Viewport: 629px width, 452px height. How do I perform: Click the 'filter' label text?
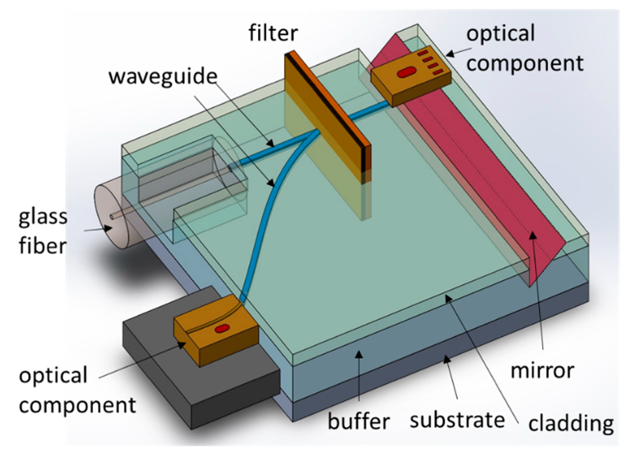coord(273,33)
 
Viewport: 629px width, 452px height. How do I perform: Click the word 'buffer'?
coord(358,421)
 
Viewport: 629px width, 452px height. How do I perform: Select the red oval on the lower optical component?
coord(222,329)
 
